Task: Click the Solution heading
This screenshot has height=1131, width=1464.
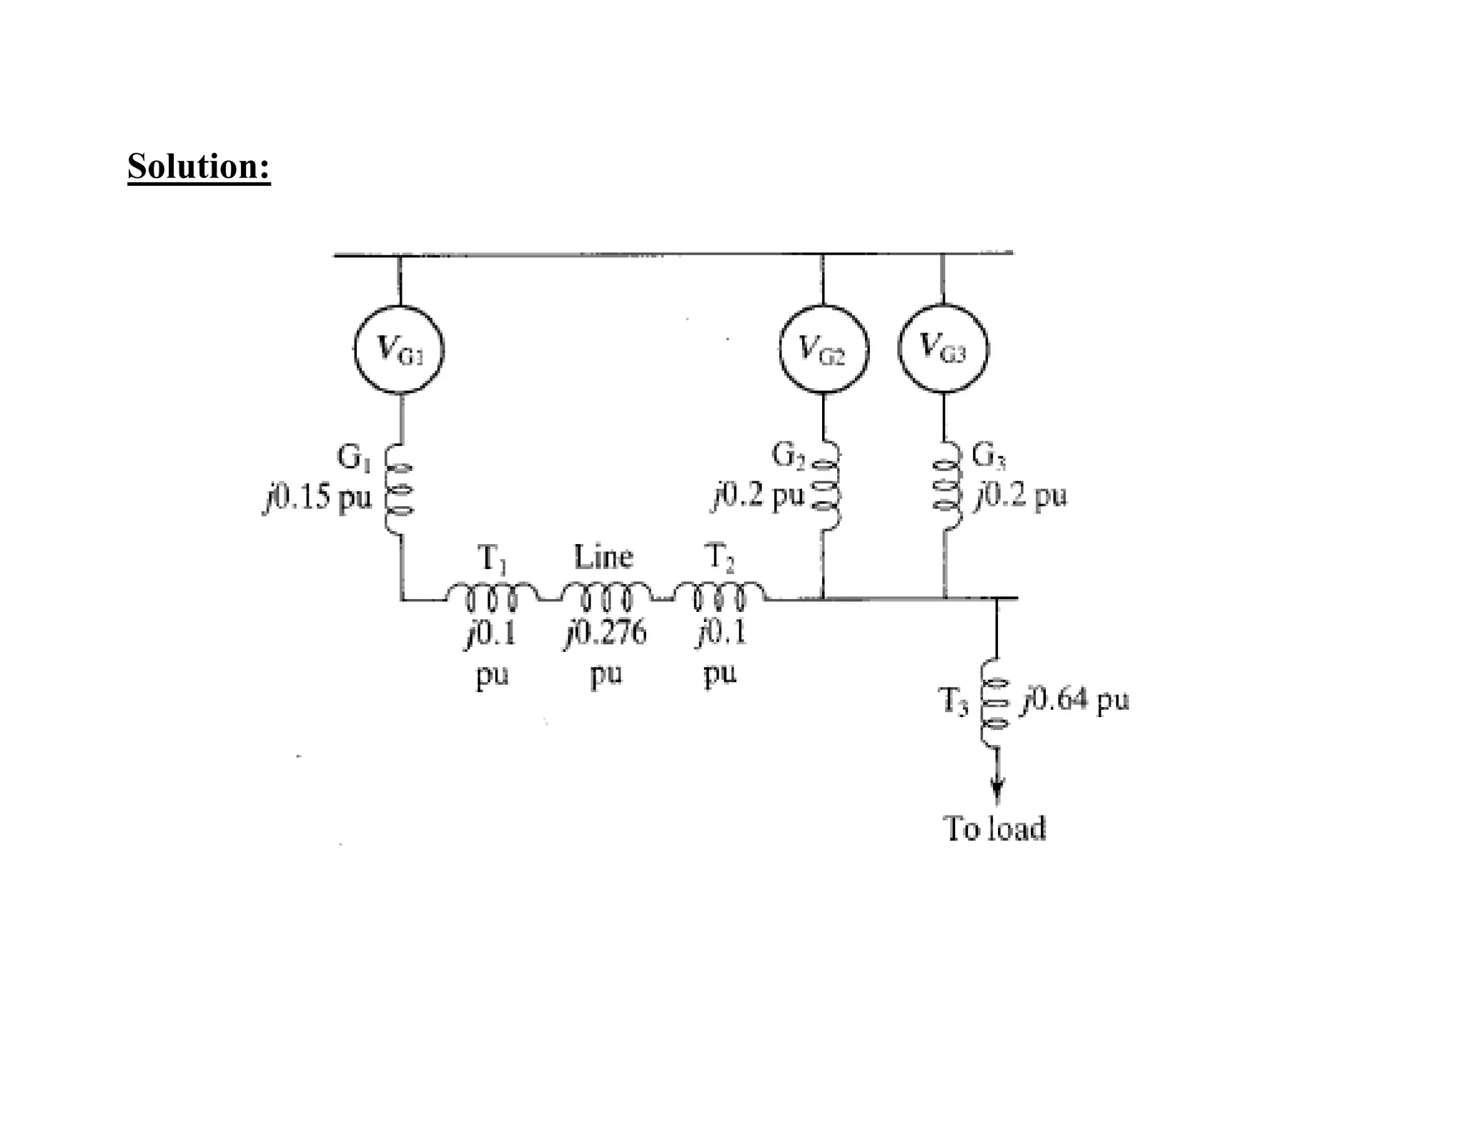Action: pos(199,166)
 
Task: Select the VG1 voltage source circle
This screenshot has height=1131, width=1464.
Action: pos(399,350)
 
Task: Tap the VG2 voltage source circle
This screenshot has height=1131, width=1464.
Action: pos(823,350)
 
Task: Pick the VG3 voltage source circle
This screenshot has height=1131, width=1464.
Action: pos(943,348)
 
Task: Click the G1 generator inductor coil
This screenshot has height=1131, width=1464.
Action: pos(398,490)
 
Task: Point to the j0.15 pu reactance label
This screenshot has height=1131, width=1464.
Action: pos(317,497)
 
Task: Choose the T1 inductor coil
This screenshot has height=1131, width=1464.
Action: pos(492,595)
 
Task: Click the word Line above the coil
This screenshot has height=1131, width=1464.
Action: pos(603,557)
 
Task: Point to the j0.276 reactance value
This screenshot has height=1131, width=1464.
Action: pos(606,633)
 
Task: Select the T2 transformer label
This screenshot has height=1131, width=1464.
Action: pos(719,557)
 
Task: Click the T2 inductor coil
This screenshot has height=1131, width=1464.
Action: pos(720,595)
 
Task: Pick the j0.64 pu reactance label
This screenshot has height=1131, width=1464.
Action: pos(1076,700)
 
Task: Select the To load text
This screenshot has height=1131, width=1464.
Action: pos(995,829)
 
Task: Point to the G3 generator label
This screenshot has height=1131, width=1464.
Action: pos(989,455)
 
